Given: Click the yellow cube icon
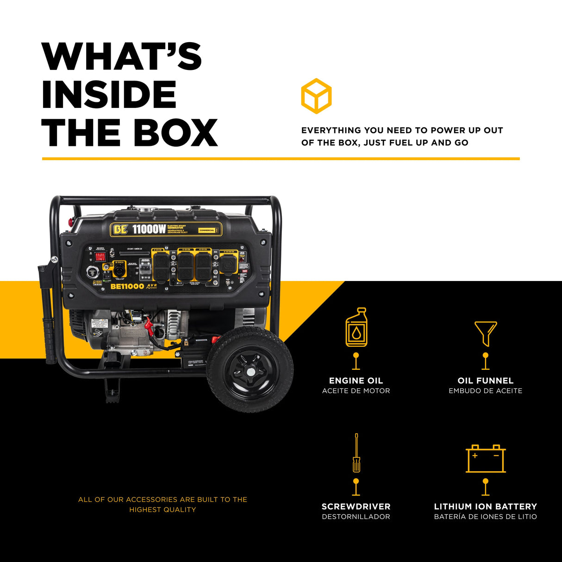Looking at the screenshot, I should click(316, 96).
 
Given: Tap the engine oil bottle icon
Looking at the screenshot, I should click(356, 327).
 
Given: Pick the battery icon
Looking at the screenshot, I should click(485, 459).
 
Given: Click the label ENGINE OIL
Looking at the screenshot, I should click(356, 381).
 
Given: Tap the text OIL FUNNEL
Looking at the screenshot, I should click(485, 381).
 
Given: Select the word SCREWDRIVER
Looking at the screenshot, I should click(356, 506).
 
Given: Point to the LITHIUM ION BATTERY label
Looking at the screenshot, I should click(485, 506).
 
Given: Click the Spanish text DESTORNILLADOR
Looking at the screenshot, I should click(356, 517).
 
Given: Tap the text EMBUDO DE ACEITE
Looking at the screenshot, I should click(485, 391).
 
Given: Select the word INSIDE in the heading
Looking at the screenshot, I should click(109, 94).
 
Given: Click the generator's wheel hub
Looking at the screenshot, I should click(250, 371).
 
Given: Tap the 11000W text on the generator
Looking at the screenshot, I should click(149, 229).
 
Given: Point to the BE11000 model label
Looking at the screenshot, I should click(127, 287).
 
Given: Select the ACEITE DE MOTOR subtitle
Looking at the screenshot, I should click(356, 391).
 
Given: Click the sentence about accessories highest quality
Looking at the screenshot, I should click(162, 504).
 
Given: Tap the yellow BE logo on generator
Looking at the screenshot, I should click(120, 230).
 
